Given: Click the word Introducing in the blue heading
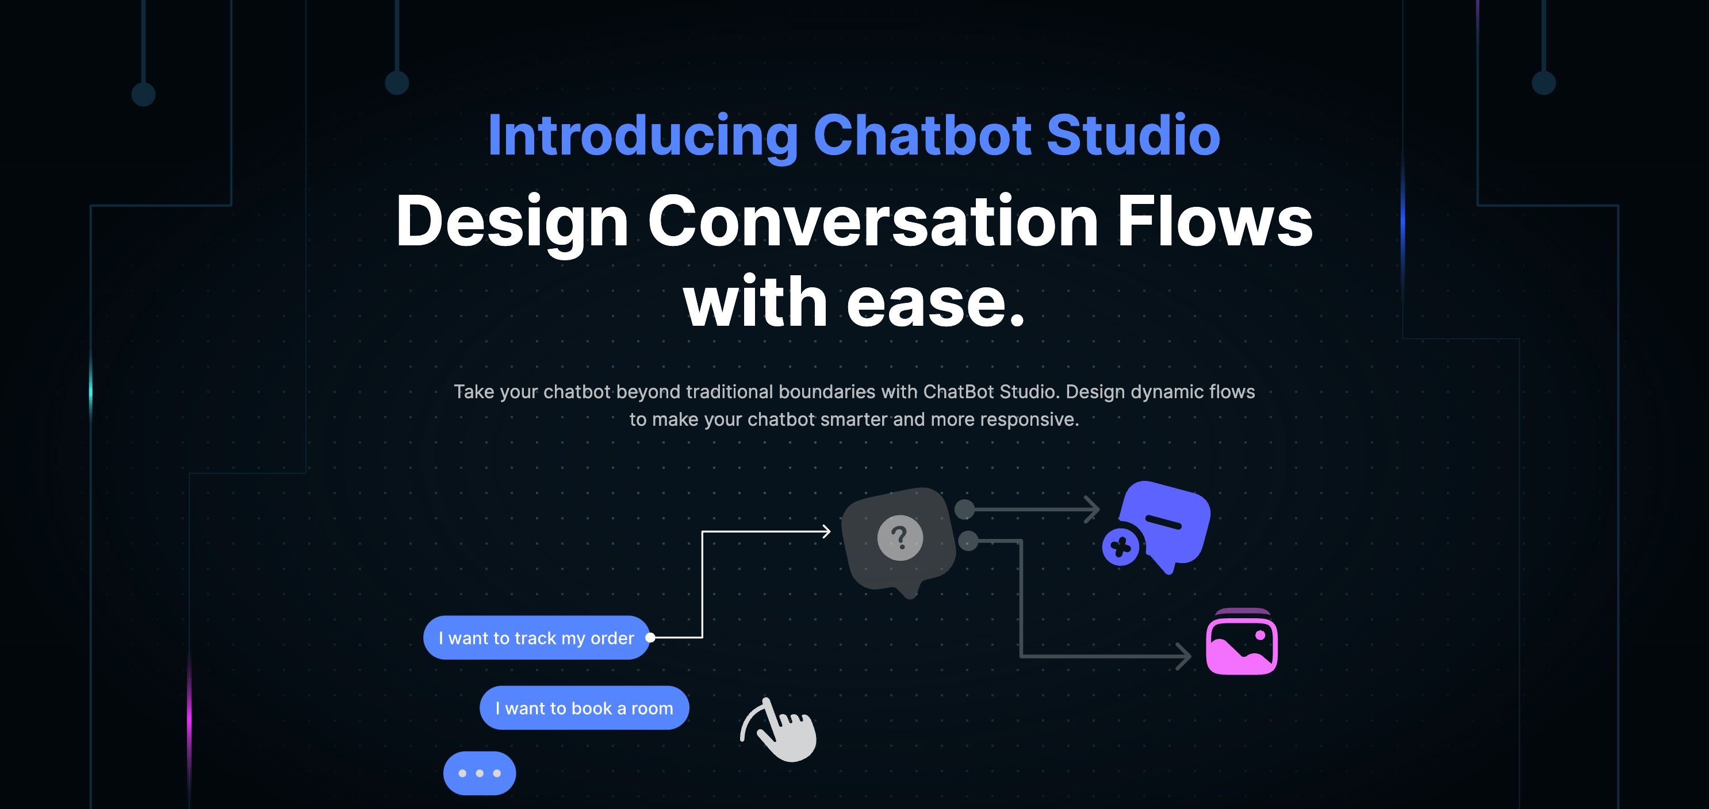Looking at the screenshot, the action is tap(643, 136).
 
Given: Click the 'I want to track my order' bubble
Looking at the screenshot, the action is tap(536, 638).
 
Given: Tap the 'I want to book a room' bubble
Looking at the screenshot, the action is tap(584, 708).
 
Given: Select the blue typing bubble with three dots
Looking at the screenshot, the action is tap(479, 773).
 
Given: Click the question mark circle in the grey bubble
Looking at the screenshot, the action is tap(899, 538).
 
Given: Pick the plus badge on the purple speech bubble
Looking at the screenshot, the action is tap(1121, 547).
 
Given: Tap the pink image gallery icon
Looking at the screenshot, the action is tap(1242, 642).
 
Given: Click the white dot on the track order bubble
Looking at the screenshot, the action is tap(650, 638).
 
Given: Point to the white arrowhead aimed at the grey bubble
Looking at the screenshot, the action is tap(826, 531).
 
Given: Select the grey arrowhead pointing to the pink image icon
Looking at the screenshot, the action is tap(1183, 657).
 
